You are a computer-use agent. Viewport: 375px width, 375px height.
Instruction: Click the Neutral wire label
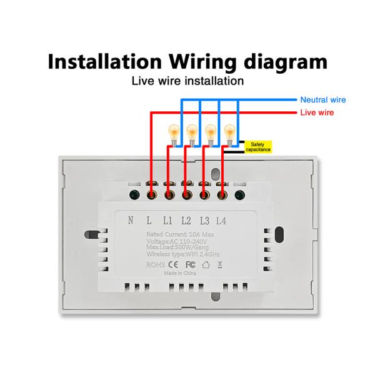(x=322, y=99)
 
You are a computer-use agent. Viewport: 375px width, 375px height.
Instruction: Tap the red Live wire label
(x=317, y=112)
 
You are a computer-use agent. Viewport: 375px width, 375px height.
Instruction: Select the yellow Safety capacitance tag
(x=257, y=147)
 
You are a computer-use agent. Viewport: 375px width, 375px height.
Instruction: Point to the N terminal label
(x=131, y=220)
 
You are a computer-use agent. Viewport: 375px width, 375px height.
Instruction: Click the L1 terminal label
(x=167, y=220)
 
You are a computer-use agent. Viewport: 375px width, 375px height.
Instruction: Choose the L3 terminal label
(x=204, y=220)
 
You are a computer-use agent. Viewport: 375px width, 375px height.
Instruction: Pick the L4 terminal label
(x=222, y=220)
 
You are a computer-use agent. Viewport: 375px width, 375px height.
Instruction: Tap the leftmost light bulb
(x=173, y=132)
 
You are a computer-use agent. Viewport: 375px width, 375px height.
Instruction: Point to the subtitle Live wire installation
(x=187, y=81)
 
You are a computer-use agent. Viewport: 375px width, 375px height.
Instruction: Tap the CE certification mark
(x=173, y=264)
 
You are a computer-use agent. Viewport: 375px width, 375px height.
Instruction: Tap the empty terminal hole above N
(x=133, y=194)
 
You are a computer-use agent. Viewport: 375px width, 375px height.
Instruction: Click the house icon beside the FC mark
(x=207, y=264)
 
